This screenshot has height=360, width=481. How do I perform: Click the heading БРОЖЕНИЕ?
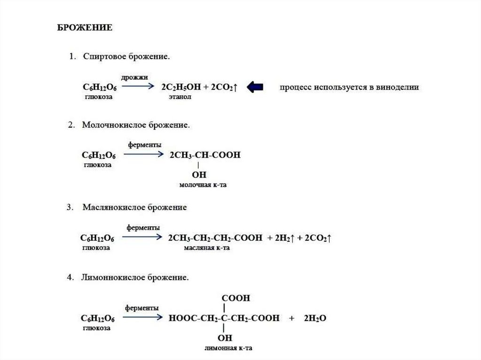pyautogui.click(x=85, y=28)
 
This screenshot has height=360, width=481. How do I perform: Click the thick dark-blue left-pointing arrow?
pyautogui.click(x=255, y=87)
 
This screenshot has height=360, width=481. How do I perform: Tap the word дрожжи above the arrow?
pyautogui.click(x=134, y=77)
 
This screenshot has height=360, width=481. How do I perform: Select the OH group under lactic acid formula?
pyautogui.click(x=199, y=175)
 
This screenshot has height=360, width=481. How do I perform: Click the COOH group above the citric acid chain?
pyautogui.click(x=236, y=298)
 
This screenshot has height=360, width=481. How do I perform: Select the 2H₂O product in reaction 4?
pyautogui.click(x=315, y=318)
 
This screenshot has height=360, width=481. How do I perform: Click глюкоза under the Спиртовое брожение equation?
pyautogui.click(x=99, y=96)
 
